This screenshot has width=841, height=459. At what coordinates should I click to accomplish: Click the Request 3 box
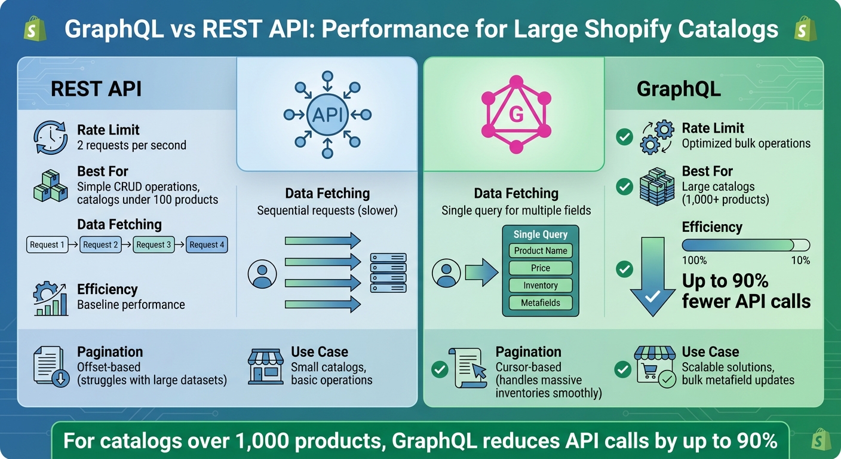coord(153,244)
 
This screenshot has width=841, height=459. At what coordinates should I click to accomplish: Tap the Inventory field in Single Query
coord(541,286)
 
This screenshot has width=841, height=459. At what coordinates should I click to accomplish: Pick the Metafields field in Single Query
coord(541,303)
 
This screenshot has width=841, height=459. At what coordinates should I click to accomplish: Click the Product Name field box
coord(541,251)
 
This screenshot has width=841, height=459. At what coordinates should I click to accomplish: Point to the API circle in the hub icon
coord(327,115)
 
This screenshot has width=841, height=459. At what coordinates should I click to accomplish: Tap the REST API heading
coord(96,88)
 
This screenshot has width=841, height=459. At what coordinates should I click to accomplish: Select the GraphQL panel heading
coord(679,88)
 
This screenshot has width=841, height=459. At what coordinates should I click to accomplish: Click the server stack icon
coord(388,273)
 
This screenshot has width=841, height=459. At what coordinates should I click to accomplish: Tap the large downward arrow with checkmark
coord(652,275)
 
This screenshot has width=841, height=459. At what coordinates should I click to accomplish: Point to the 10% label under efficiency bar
coord(800,261)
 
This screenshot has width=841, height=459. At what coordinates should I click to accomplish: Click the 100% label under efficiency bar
coord(694,261)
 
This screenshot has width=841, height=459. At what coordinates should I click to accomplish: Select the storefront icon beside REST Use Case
coord(265,366)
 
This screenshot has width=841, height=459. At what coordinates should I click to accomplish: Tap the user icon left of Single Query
coord(446,273)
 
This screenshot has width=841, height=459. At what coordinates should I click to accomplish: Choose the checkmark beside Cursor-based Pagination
coord(440,370)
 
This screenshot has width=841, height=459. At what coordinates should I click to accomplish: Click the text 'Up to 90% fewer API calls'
coord(746,291)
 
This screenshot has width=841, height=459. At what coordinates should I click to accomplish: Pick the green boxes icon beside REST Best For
coord(50,186)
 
